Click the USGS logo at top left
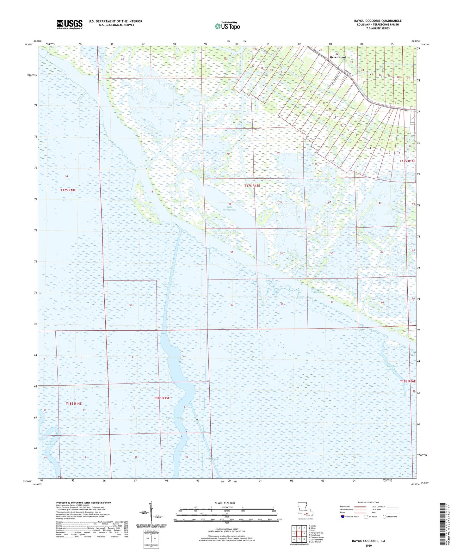[x=70, y=24]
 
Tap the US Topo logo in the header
[x=227, y=26]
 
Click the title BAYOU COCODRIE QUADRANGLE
[x=378, y=21]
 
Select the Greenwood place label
[x=337, y=57]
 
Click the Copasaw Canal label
[x=170, y=285]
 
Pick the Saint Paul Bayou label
[x=392, y=368]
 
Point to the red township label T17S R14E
[x=68, y=190]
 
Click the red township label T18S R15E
[x=162, y=398]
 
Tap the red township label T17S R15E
[x=252, y=186]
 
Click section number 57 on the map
[x=232, y=305]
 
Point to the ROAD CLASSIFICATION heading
[x=369, y=502]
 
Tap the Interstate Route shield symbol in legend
[x=343, y=517]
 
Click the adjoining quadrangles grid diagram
[x=299, y=533]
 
